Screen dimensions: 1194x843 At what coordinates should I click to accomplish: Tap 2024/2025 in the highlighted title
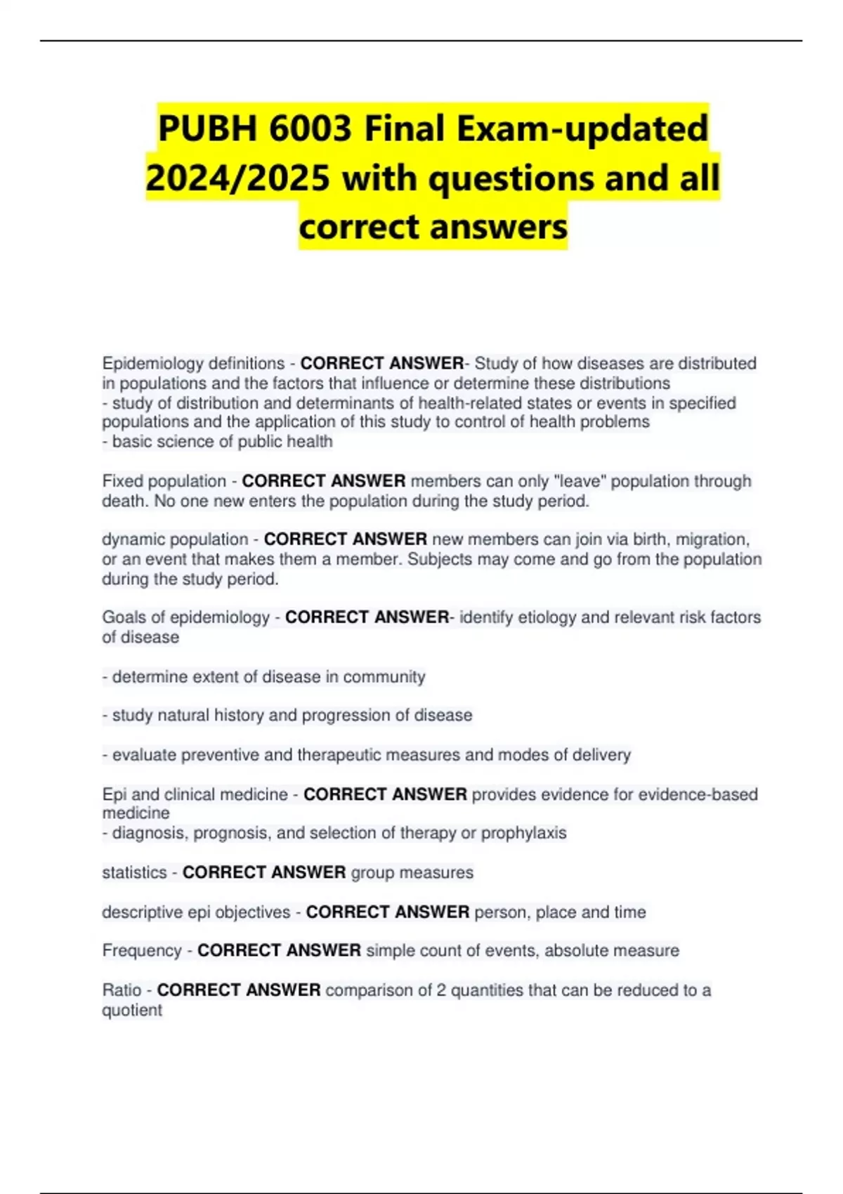[x=237, y=178]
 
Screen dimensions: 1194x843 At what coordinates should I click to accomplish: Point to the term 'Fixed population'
[x=164, y=481]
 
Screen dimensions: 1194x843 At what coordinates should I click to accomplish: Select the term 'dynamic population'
[x=175, y=539]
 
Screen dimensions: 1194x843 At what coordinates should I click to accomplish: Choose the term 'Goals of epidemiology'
[x=185, y=617]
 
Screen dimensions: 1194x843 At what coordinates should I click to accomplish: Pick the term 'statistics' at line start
[x=134, y=873]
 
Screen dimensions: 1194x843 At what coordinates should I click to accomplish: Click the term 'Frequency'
[x=142, y=951]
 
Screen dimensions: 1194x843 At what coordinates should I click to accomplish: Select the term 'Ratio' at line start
[x=122, y=990]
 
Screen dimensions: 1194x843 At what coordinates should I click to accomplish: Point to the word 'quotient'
[x=132, y=1011]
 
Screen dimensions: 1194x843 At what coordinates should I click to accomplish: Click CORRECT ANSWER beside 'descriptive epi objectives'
[x=388, y=912]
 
